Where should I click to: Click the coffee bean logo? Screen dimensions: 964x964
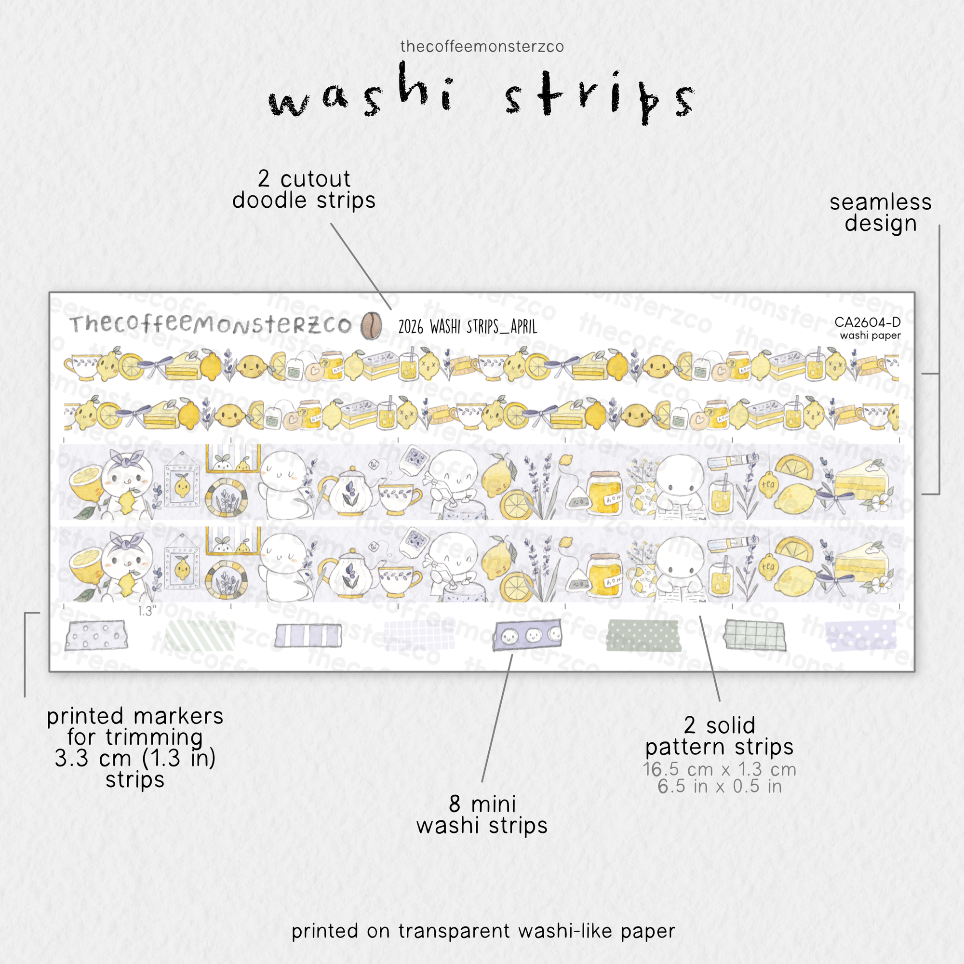click(x=371, y=325)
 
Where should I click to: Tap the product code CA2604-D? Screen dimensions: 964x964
click(x=867, y=322)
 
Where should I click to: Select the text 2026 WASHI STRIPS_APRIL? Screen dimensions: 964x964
click(x=468, y=327)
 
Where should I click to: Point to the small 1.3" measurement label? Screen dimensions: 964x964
click(x=147, y=611)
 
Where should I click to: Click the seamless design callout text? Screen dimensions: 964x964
click(x=881, y=213)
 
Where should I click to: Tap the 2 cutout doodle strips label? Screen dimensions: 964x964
click(x=304, y=189)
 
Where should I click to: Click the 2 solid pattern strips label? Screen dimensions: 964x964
click(x=720, y=736)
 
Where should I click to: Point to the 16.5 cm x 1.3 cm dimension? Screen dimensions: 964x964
click(x=720, y=769)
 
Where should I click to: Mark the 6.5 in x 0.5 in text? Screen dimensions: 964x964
click(x=720, y=786)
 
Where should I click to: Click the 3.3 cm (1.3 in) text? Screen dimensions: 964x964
click(x=135, y=758)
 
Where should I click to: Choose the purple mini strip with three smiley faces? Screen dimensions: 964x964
click(x=527, y=635)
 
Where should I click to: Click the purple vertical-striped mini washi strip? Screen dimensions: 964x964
click(x=308, y=636)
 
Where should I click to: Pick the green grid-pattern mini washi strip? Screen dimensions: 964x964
click(x=755, y=635)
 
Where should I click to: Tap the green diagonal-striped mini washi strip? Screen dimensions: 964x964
click(x=200, y=636)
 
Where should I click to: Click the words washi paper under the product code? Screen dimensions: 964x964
click(x=870, y=335)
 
